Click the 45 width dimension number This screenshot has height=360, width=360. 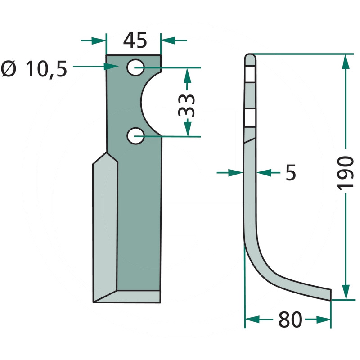click(135, 40)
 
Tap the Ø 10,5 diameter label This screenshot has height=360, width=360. click(34, 69)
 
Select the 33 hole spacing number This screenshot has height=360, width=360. click(186, 105)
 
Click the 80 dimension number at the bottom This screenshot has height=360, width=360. click(290, 320)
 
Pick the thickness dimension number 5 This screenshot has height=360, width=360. click(291, 172)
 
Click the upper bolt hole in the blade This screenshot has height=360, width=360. click(136, 67)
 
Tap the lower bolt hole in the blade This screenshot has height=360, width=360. click(136, 136)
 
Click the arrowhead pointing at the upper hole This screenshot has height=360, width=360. click(111, 67)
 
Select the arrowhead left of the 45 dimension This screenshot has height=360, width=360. click(99, 40)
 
